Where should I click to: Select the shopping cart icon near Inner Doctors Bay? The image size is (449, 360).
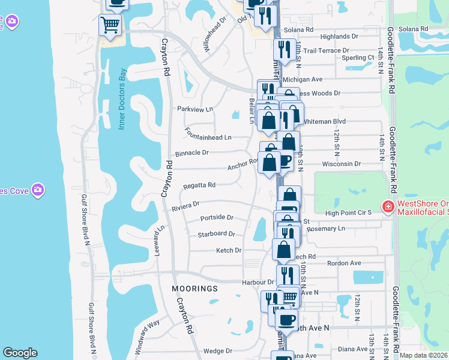coord(110,25)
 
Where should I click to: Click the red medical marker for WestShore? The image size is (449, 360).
coord(388,208)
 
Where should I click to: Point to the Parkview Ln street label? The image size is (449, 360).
coord(195,109)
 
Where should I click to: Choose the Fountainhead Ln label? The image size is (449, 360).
coord(208,137)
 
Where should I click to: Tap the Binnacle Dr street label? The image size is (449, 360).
coord(192,153)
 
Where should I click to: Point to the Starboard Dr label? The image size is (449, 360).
coord(216,234)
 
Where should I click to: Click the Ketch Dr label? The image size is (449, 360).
coord(228,250)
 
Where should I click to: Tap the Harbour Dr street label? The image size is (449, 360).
coord(258,282)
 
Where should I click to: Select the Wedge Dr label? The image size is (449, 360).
coord(217,351)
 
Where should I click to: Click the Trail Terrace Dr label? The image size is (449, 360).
coord(327,51)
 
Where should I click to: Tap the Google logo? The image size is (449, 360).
coord(20,353)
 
